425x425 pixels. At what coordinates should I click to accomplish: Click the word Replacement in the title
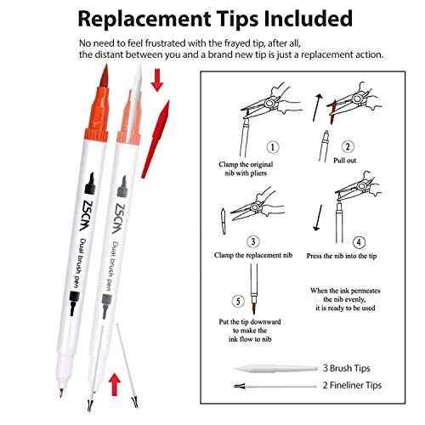point(144,20)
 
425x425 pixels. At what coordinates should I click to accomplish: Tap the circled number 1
point(273,147)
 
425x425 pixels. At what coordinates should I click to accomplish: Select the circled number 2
point(348,147)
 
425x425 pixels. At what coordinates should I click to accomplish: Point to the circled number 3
point(253,241)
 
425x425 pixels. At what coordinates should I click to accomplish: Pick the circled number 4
point(359,242)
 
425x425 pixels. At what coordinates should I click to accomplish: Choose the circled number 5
point(238,301)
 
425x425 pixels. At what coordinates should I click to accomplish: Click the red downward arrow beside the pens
point(157,80)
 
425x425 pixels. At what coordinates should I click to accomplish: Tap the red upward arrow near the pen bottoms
point(115,384)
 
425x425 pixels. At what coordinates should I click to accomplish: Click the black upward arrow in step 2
point(318,108)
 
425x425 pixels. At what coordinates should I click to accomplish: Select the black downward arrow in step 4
point(318,218)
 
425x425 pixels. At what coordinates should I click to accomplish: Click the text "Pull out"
point(344,161)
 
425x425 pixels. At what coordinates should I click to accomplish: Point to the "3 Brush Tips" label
point(347,368)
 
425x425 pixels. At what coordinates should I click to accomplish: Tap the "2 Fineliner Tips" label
point(352,385)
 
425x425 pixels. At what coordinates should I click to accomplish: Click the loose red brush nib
point(156,139)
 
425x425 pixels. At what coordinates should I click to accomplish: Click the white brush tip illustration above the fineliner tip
point(275,368)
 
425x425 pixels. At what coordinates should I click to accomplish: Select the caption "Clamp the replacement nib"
point(253,255)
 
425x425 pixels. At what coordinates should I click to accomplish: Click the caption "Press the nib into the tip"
point(342,256)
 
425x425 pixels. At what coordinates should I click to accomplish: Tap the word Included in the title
point(309,19)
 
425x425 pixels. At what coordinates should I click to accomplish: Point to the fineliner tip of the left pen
point(61,393)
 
